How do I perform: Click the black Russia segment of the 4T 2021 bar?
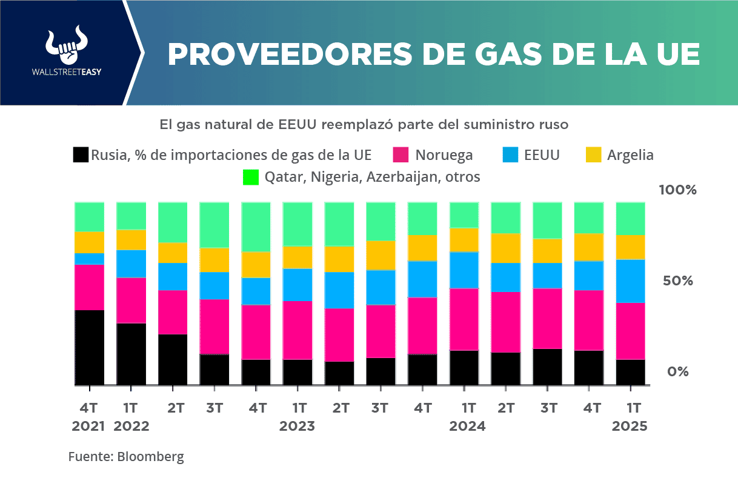pyautogui.click(x=90, y=347)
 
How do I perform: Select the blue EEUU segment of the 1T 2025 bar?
pyautogui.click(x=630, y=281)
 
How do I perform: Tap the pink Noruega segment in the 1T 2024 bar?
pyautogui.click(x=464, y=319)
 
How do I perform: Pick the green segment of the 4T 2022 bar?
pyautogui.click(x=256, y=227)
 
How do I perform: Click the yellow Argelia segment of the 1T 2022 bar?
pyautogui.click(x=131, y=240)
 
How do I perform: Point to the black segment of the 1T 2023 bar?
pyautogui.click(x=298, y=372)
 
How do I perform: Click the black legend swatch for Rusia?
pyautogui.click(x=81, y=155)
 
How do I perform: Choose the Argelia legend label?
pyautogui.click(x=630, y=155)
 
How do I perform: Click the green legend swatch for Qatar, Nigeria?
pyautogui.click(x=251, y=178)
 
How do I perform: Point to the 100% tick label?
pyautogui.click(x=678, y=190)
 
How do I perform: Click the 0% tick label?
pyautogui.click(x=678, y=371)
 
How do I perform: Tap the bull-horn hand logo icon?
pyautogui.click(x=67, y=46)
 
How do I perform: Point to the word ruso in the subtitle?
pyautogui.click(x=554, y=125)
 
